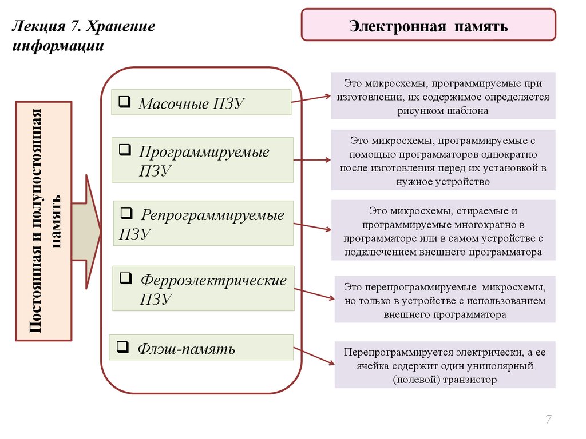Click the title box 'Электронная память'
point(428,25)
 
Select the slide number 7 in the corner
point(548,420)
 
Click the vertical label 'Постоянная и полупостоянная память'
point(43,221)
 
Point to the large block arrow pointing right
point(86,232)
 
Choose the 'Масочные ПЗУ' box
point(201,103)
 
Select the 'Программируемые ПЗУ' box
point(202,159)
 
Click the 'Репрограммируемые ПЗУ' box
point(203,224)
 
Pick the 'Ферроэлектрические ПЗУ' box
point(203,288)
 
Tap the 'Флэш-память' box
point(201,348)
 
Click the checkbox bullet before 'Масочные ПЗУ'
point(124,102)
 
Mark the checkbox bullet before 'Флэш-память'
point(121,346)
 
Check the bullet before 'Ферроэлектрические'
point(125,279)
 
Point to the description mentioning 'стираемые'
point(442,230)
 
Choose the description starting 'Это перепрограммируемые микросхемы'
point(445,299)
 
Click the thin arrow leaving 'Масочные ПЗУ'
point(311,99)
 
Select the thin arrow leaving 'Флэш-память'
point(314,355)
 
